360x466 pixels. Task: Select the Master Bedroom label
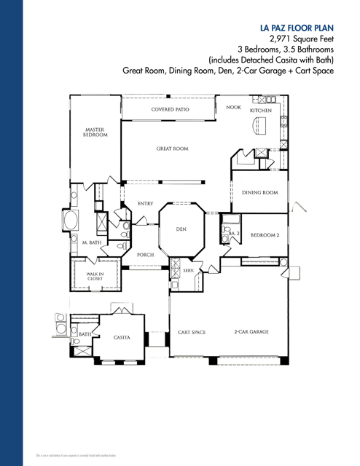(x=95, y=133)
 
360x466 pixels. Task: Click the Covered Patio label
(x=171, y=109)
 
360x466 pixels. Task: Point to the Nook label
(x=233, y=107)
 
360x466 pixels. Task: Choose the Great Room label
(x=172, y=149)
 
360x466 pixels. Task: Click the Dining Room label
(x=260, y=193)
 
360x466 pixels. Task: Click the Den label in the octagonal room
(x=181, y=229)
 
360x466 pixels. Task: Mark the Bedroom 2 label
(x=265, y=235)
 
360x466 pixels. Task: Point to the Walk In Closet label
(x=95, y=276)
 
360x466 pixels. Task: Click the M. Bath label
(x=90, y=242)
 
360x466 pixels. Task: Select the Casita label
(x=122, y=338)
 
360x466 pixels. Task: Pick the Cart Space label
(x=192, y=332)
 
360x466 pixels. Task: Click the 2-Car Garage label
(x=251, y=332)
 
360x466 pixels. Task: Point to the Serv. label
(x=187, y=270)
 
